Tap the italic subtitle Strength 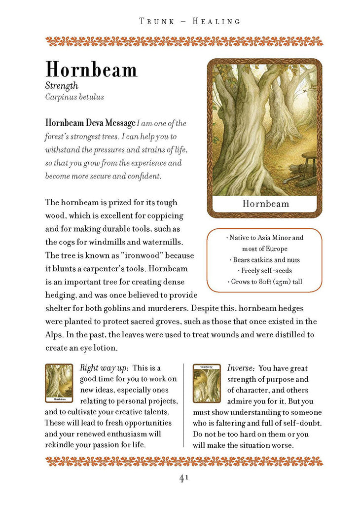[62, 86]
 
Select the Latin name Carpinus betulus [74, 97]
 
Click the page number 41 [184, 478]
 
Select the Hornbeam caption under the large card [266, 204]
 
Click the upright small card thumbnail [59, 383]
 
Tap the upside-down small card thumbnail [207, 383]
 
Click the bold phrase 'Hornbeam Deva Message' [90, 123]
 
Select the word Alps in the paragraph [53, 334]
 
